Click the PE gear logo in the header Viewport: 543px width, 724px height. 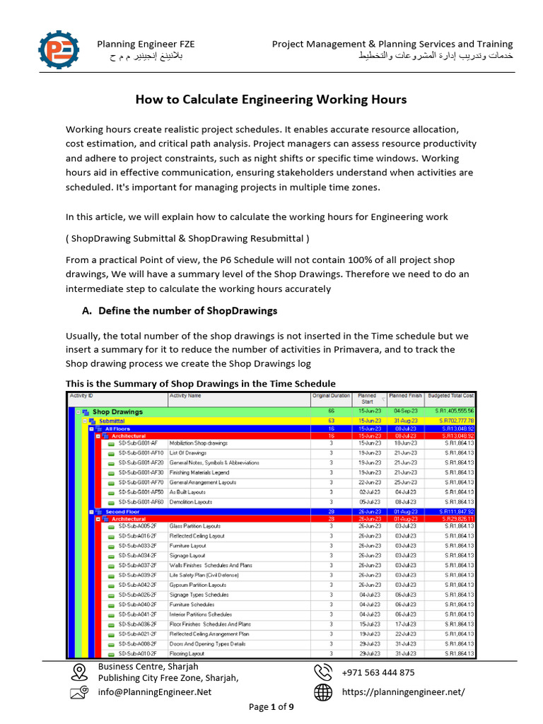point(59,49)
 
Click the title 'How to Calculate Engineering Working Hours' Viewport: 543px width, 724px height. point(271,100)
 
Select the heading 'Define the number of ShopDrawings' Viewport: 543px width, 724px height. point(188,310)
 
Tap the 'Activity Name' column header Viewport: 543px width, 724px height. point(185,396)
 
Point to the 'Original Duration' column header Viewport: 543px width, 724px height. point(331,396)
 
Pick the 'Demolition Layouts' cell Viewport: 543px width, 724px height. point(191,502)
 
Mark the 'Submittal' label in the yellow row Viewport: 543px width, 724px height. point(113,421)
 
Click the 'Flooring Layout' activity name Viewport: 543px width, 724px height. point(187,654)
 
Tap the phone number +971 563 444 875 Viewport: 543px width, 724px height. point(378,672)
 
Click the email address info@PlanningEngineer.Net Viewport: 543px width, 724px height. point(154,692)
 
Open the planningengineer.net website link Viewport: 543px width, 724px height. point(404,692)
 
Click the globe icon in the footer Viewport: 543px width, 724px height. point(323,693)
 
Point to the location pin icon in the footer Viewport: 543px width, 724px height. point(79,671)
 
